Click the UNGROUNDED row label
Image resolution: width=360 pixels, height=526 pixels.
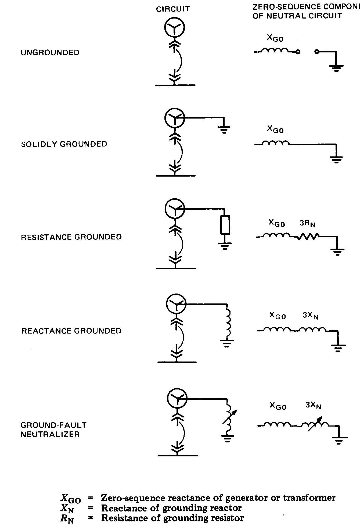pos(50,52)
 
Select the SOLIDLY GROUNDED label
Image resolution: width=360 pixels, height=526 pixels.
pos(64,144)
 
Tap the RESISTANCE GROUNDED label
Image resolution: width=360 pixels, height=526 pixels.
pos(71,237)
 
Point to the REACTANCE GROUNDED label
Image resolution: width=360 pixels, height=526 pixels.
pos(71,331)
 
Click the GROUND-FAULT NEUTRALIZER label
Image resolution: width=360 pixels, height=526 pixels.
pos(54,430)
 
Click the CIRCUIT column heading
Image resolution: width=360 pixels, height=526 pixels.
pos(173,9)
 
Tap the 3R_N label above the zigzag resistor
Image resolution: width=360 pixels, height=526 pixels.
pos(308,224)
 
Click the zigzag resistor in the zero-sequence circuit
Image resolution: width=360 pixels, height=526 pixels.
pos(308,236)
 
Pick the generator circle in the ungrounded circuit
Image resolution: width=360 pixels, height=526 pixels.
pos(175,27)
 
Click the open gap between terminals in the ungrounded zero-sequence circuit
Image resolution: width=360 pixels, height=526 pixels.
pos(307,52)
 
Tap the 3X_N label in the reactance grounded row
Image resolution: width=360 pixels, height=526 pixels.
pos(311,316)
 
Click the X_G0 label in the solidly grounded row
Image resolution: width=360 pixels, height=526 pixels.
pos(275,129)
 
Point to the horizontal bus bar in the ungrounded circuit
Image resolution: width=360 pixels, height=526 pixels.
pos(175,85)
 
